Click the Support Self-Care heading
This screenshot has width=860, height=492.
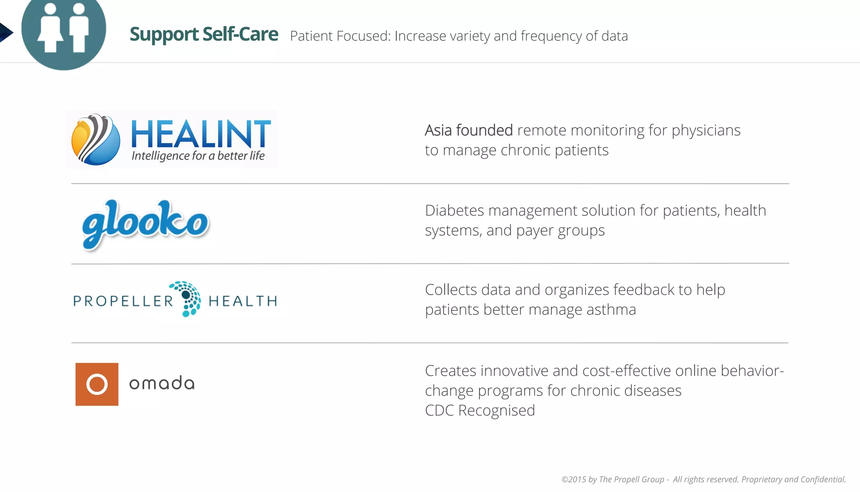point(204,34)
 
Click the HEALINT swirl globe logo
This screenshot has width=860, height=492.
point(96,140)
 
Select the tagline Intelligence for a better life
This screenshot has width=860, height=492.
point(198,156)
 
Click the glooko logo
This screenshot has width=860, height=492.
point(145,224)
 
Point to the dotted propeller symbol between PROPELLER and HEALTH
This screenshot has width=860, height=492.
point(188,299)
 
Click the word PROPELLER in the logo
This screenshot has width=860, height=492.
point(123,301)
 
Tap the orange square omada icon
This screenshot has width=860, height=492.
point(97,384)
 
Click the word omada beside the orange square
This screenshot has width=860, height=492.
point(162,384)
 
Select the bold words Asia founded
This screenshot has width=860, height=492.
point(468,130)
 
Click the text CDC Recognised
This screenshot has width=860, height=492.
point(480,410)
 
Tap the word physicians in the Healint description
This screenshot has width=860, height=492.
point(706,131)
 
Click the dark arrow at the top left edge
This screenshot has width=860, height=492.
point(5,32)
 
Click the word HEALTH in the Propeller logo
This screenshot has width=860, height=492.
point(243,301)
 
